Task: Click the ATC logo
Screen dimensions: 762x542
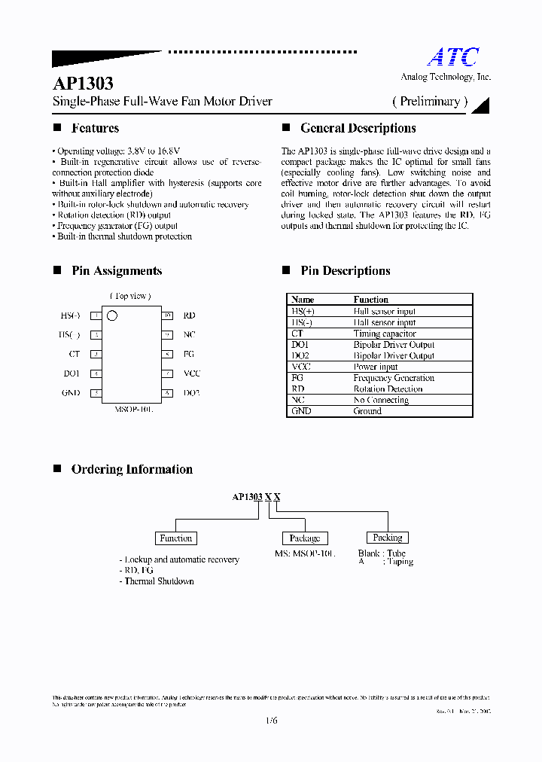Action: pos(453,57)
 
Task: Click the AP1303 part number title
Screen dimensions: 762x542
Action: pos(83,84)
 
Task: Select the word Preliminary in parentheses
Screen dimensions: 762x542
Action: pos(430,101)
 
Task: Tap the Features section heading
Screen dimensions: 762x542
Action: pos(95,128)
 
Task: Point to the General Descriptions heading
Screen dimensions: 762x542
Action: pos(358,128)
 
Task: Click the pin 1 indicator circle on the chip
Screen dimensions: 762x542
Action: pos(112,315)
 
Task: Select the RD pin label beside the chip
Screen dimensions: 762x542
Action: pos(189,315)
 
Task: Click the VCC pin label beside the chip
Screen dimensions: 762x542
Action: pos(192,373)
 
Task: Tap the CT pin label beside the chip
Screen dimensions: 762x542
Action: pos(74,354)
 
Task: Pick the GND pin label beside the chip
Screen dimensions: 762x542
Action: pos(72,393)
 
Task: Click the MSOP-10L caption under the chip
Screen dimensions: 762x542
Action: pos(133,409)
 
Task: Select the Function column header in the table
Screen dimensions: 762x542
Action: pos(371,300)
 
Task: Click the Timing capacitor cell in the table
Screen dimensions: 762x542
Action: pos(385,334)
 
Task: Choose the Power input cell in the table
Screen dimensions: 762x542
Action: pos(376,367)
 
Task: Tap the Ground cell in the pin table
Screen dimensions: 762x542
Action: pos(367,411)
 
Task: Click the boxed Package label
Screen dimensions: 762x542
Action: pos(305,538)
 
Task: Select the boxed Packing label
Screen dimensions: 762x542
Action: pos(388,538)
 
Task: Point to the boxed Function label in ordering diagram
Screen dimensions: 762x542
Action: pos(176,538)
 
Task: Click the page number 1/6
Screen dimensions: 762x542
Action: pos(271,721)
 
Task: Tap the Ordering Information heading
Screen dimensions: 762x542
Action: pos(132,469)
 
